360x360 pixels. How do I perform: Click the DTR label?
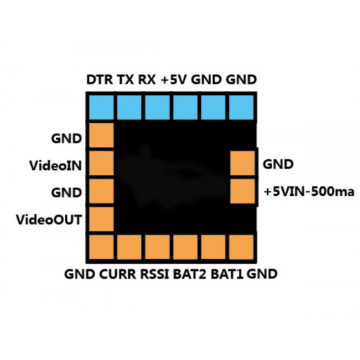pos(99,80)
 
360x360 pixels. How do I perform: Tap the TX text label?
pos(125,80)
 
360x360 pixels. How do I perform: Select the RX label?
pos(147,80)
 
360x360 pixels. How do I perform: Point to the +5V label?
pos(174,80)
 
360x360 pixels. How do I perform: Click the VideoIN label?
pos(55,166)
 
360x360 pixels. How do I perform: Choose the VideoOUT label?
pos(49,220)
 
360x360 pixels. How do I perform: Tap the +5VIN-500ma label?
pos(309,192)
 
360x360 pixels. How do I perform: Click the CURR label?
pos(117,274)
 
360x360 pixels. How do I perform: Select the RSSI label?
pos(155,274)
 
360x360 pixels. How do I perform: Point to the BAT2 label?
pos(189,274)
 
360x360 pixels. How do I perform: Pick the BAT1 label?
pos(227,274)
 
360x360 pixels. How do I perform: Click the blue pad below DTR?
pos(101,107)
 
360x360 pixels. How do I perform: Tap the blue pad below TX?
pos(129,107)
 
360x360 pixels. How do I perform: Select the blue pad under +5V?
pos(185,107)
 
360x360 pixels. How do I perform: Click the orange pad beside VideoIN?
pos(101,163)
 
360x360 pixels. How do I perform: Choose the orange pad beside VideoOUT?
pos(101,219)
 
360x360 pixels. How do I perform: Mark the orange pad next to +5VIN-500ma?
pos(243,191)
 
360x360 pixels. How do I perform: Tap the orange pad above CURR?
pos(129,247)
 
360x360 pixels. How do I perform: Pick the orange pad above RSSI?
pos(157,247)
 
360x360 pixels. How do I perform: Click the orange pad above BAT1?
pos(213,247)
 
